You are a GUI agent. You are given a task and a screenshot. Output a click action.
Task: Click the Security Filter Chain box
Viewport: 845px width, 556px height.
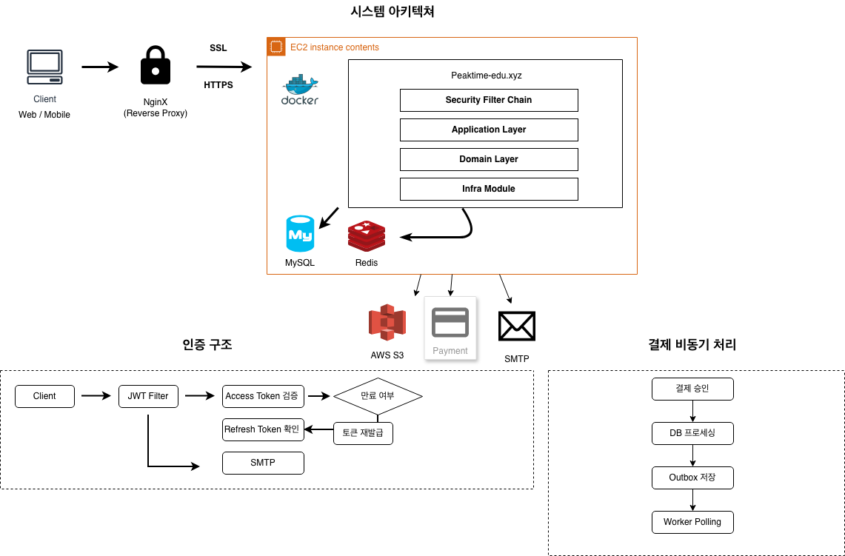pyautogui.click(x=489, y=100)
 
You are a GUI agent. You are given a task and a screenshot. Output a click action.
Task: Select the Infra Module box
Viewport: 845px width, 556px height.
pyautogui.click(x=489, y=189)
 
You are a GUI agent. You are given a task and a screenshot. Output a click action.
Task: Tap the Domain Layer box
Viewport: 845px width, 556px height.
pyautogui.click(x=489, y=159)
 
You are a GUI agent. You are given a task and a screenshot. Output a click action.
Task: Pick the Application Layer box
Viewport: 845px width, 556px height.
pyautogui.click(x=489, y=130)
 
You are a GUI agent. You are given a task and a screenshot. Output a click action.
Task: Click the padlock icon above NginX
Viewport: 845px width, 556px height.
pyautogui.click(x=156, y=65)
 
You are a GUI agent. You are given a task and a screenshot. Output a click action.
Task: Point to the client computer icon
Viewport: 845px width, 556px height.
pyautogui.click(x=44, y=67)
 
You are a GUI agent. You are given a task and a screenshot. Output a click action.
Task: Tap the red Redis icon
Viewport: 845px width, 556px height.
pyautogui.click(x=367, y=236)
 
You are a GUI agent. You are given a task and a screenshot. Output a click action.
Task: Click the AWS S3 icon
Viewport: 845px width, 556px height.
pyautogui.click(x=387, y=322)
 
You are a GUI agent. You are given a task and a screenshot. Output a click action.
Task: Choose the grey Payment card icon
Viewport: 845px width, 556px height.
pyautogui.click(x=450, y=322)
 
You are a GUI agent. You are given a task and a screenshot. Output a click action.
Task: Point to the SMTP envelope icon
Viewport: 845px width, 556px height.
pyautogui.click(x=517, y=326)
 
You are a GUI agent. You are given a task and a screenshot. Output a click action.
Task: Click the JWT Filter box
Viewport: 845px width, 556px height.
pyautogui.click(x=148, y=397)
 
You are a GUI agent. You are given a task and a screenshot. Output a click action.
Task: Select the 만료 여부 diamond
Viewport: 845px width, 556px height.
pyautogui.click(x=378, y=396)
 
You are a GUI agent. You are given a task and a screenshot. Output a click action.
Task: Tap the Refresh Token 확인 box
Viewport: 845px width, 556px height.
pyautogui.click(x=263, y=430)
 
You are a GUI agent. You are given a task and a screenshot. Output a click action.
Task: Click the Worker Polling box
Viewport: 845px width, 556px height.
pyautogui.click(x=692, y=522)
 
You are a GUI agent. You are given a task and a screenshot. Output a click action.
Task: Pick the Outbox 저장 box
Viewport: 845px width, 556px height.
pyautogui.click(x=692, y=478)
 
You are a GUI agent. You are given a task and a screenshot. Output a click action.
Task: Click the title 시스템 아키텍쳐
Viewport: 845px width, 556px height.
pyautogui.click(x=393, y=11)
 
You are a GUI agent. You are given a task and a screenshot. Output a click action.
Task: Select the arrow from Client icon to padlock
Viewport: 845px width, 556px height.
pyautogui.click(x=100, y=67)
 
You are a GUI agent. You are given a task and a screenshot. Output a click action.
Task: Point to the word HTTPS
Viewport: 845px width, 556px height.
pyautogui.click(x=218, y=85)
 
